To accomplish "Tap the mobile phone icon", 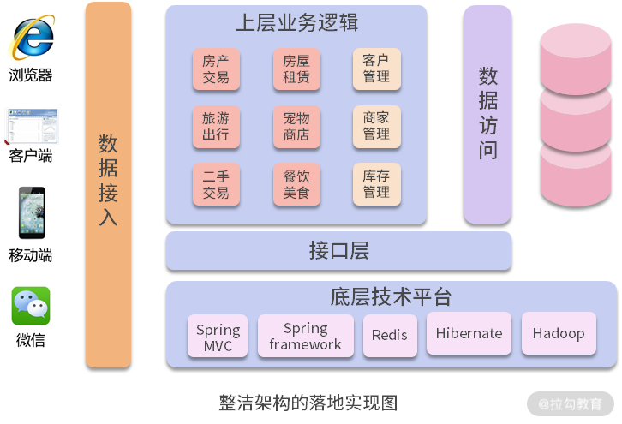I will click(32, 212).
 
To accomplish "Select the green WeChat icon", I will click(31, 306).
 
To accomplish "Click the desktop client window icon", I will click(32, 126).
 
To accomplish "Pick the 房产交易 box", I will click(216, 69).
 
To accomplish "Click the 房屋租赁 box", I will click(296, 69).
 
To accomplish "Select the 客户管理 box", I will click(376, 69).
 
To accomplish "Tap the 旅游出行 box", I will click(216, 127).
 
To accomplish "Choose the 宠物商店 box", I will click(296, 127).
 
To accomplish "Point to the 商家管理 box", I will click(376, 127).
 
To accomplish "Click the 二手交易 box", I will click(216, 184).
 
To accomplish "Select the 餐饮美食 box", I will click(296, 184).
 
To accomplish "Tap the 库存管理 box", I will click(376, 184).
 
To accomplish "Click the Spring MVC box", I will click(218, 337).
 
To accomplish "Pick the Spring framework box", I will click(305, 336).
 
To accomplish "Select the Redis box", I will click(390, 336).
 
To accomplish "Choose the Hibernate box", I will click(469, 333).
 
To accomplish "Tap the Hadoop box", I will click(559, 333).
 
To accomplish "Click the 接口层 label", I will click(338, 250).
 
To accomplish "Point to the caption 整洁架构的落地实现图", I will click(308, 402).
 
